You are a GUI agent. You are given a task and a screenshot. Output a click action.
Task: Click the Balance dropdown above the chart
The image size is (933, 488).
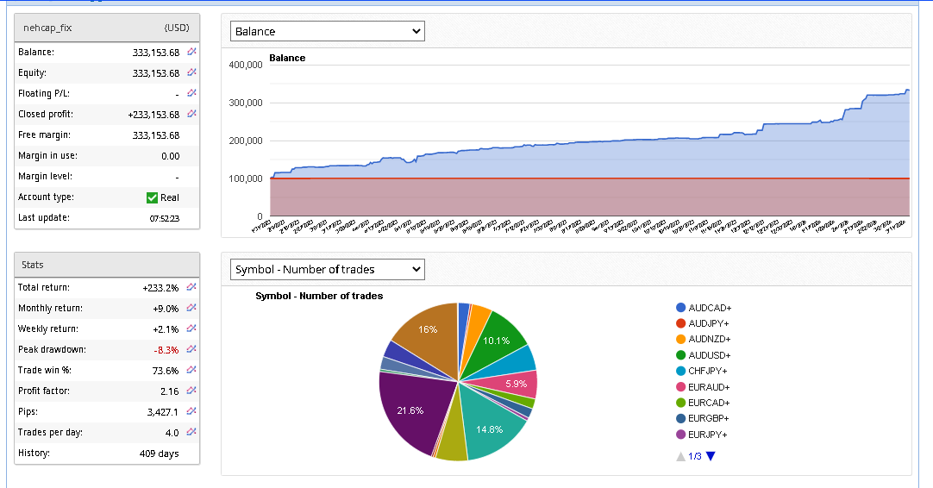click(x=328, y=31)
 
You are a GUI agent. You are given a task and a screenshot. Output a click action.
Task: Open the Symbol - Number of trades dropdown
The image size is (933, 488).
click(x=328, y=269)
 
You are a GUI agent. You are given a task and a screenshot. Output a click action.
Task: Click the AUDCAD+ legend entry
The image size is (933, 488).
click(x=709, y=308)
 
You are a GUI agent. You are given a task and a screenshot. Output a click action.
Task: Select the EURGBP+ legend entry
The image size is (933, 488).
click(x=709, y=418)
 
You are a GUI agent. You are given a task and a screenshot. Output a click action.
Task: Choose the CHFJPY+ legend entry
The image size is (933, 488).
click(x=709, y=371)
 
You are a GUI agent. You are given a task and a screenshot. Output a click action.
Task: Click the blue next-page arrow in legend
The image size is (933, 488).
click(x=711, y=456)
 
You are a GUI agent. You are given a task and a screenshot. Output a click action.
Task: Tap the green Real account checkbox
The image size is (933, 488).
click(x=153, y=197)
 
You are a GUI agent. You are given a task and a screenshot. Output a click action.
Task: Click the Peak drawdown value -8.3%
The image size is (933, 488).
click(x=165, y=350)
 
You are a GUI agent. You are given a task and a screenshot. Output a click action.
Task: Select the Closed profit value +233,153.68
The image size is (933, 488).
click(x=153, y=115)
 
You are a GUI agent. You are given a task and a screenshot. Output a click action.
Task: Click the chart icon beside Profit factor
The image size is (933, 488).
click(x=191, y=391)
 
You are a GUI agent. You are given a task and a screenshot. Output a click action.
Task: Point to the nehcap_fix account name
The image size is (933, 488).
click(x=47, y=28)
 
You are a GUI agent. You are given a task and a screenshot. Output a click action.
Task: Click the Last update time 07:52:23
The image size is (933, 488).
click(x=164, y=218)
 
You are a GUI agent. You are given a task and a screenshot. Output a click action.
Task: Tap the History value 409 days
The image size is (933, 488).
click(x=159, y=454)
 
